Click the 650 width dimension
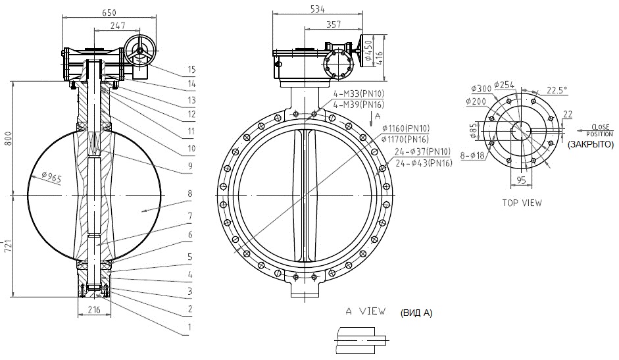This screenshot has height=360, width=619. tap(109, 13)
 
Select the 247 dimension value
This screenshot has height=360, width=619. tap(118, 26)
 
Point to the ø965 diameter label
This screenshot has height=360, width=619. tap(51, 177)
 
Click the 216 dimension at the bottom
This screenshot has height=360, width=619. tap(94, 309)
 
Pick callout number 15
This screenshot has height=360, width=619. tap(191, 70)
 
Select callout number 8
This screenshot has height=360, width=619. tap(190, 193)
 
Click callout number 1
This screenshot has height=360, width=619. tap(189, 327)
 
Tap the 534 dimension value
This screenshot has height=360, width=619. tap(318, 9)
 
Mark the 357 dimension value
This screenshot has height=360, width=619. tap(334, 24)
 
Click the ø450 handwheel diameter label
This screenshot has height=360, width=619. tap(368, 50)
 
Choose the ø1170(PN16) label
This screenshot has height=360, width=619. tap(405, 139)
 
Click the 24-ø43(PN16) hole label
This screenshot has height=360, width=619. tap(424, 163)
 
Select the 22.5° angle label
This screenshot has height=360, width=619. tap(557, 90)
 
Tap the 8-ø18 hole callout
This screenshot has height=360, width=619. tap(472, 155)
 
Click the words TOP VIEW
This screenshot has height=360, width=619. tap(522, 203)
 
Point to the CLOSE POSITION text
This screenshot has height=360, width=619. tap(600, 130)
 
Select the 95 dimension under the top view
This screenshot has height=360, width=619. tap(522, 180)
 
